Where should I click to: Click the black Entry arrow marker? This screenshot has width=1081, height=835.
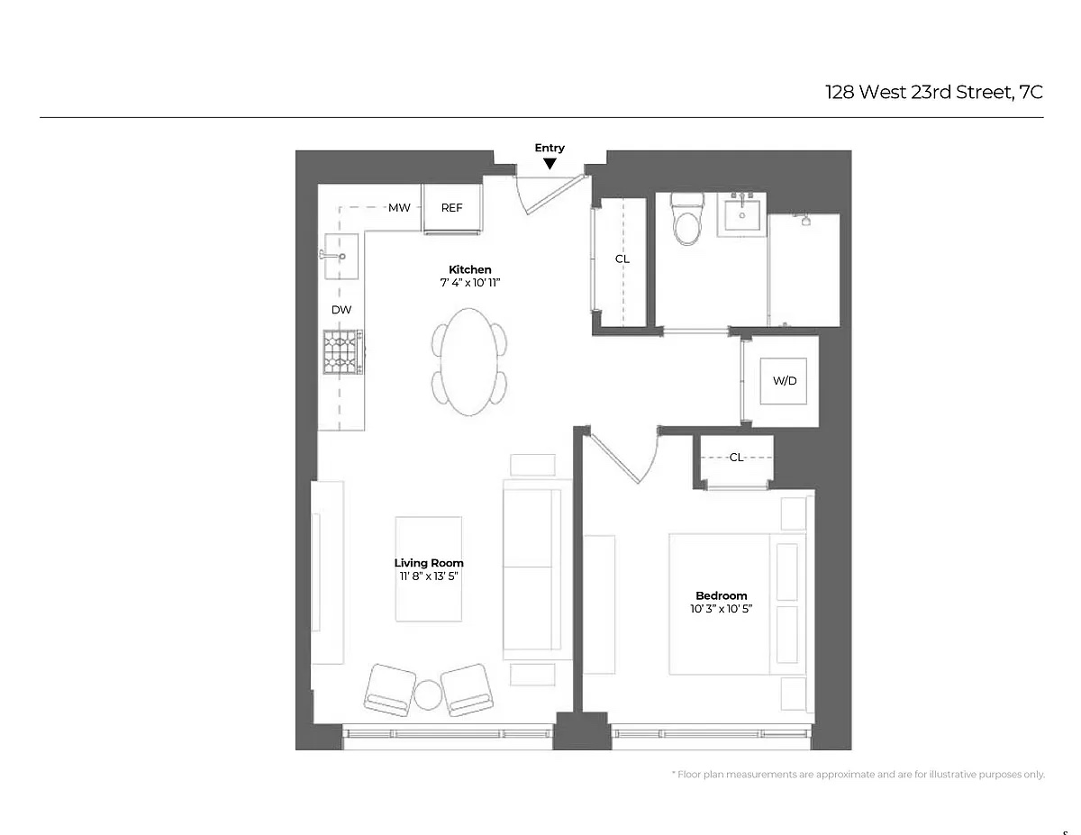click(550, 163)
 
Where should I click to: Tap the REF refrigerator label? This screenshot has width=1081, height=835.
click(451, 208)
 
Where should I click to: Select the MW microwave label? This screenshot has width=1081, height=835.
click(399, 208)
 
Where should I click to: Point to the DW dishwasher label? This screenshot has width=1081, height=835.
click(341, 310)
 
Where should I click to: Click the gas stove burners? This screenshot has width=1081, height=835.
click(342, 351)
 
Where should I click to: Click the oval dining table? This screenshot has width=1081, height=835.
click(468, 361)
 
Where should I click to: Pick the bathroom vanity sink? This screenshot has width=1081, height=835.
click(742, 214)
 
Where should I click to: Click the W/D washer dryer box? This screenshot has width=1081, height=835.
click(785, 381)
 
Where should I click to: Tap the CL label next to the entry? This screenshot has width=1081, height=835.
click(622, 259)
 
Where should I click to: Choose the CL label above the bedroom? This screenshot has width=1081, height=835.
click(737, 458)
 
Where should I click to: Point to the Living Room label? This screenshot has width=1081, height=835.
click(429, 563)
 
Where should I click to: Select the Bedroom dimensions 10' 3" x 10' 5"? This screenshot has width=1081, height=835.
click(721, 609)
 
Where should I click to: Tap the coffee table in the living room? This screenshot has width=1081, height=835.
click(429, 568)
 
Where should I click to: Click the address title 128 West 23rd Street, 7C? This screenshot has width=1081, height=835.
click(934, 92)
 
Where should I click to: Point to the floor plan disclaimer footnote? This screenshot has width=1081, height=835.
click(858, 775)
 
